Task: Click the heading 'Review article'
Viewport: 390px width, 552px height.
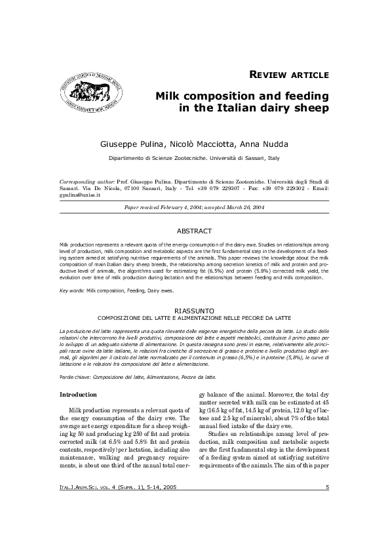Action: click(289, 73)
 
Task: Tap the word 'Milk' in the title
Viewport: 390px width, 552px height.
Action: click(170, 95)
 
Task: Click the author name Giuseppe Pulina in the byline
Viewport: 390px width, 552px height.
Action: click(132, 144)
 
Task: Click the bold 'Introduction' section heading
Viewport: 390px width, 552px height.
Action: click(78, 395)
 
